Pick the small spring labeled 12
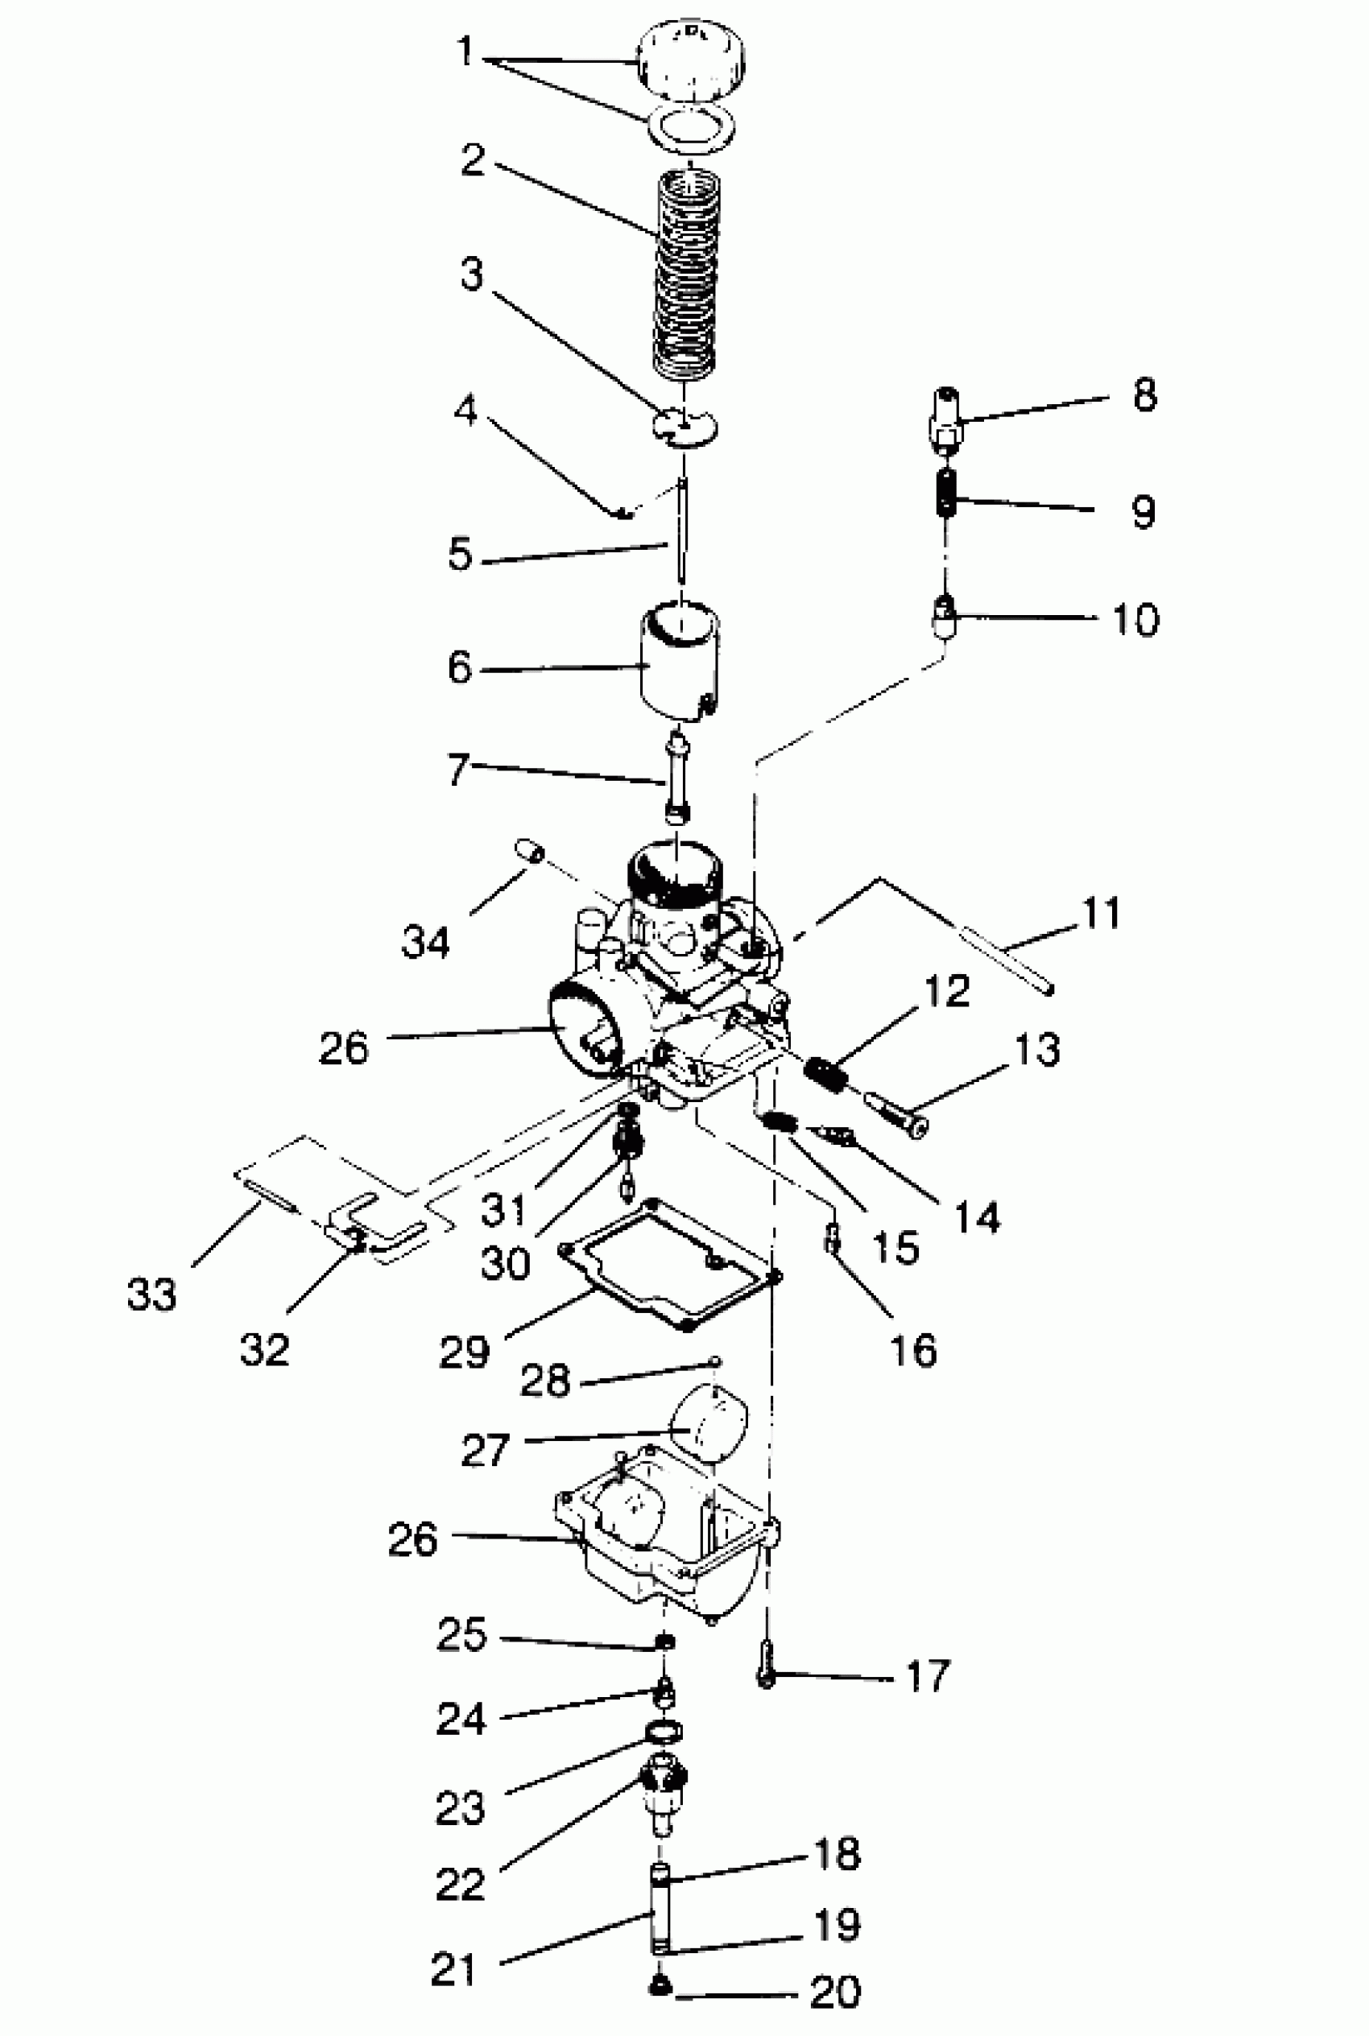(825, 1072)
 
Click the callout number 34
(426, 943)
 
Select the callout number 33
(151, 1294)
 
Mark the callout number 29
(464, 1352)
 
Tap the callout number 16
(913, 1350)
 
